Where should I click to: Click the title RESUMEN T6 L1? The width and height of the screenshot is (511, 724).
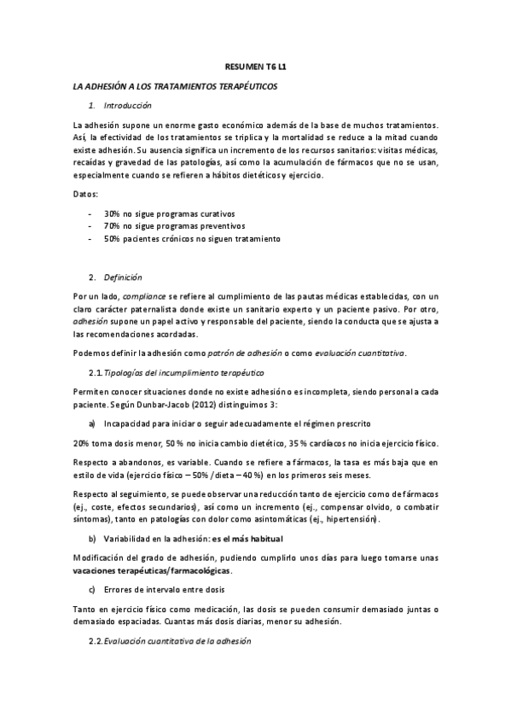(255, 65)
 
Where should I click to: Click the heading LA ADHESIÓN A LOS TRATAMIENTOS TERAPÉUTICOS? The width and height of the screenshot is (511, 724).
(176, 86)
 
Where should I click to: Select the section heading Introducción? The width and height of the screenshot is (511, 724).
(127, 106)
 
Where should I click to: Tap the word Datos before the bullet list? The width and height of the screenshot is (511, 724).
(85, 196)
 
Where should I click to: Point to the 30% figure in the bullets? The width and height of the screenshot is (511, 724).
(112, 213)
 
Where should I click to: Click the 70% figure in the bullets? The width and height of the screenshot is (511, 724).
(112, 226)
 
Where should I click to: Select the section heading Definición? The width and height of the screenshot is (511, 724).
(123, 277)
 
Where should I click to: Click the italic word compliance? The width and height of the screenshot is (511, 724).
(142, 295)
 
